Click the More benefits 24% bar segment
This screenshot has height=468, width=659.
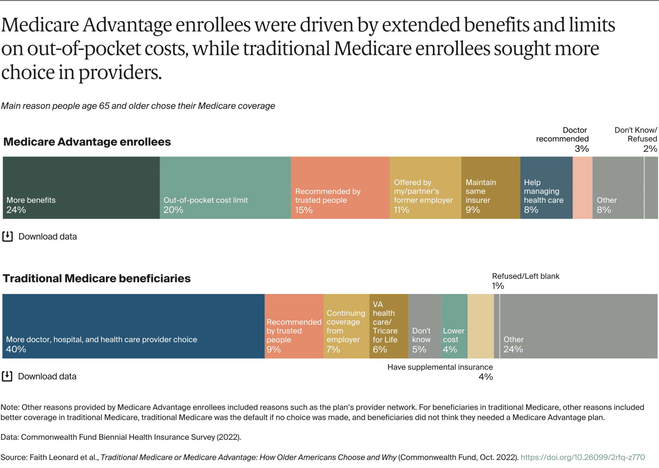pyautogui.click(x=81, y=188)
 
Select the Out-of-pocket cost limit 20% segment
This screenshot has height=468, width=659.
pyautogui.click(x=225, y=188)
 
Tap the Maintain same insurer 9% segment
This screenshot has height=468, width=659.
pyautogui.click(x=490, y=188)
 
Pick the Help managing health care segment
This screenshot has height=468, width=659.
pyautogui.click(x=546, y=188)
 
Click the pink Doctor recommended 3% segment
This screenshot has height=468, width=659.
pyautogui.click(x=582, y=188)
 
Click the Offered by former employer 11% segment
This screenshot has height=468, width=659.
pyautogui.click(x=425, y=188)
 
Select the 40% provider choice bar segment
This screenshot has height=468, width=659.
pyautogui.click(x=133, y=326)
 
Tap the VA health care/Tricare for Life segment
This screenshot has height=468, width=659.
pyautogui.click(x=389, y=326)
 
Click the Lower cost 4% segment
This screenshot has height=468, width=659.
pyautogui.click(x=454, y=326)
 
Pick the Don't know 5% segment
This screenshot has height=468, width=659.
pyautogui.click(x=425, y=326)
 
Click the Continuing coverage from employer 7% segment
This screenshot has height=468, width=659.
pyautogui.click(x=346, y=326)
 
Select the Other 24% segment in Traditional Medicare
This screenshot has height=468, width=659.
pyautogui.click(x=578, y=326)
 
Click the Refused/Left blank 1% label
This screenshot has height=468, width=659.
pyautogui.click(x=525, y=280)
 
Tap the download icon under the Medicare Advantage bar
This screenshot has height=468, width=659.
pyautogui.click(x=7, y=236)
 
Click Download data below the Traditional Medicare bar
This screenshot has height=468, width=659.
pyautogui.click(x=47, y=376)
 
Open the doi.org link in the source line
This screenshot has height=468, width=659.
pyautogui.click(x=582, y=457)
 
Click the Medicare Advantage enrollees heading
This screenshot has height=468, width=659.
pyautogui.click(x=87, y=142)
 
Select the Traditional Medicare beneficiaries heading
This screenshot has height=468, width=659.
pyautogui.click(x=97, y=278)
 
